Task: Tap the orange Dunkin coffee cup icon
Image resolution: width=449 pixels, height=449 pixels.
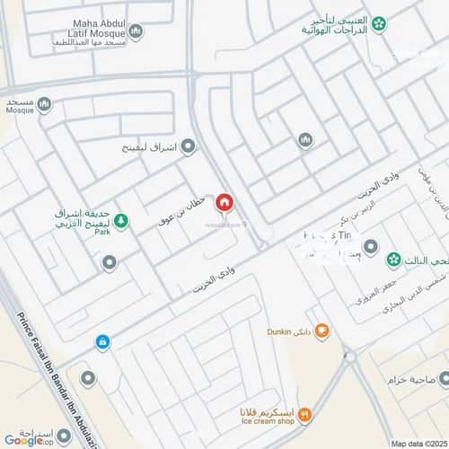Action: (x=321, y=331)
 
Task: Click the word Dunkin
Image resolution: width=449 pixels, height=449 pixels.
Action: (x=283, y=331)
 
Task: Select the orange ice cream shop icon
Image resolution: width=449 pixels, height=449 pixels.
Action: (x=305, y=414)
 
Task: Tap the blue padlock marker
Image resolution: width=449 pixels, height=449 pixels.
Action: (x=103, y=342)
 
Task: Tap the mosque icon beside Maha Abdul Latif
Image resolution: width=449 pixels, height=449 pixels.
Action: (x=136, y=33)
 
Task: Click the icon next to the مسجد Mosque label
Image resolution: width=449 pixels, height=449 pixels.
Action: (x=44, y=105)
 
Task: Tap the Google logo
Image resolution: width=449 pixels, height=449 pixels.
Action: (x=22, y=439)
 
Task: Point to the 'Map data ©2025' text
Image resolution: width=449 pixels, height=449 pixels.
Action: (x=416, y=443)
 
